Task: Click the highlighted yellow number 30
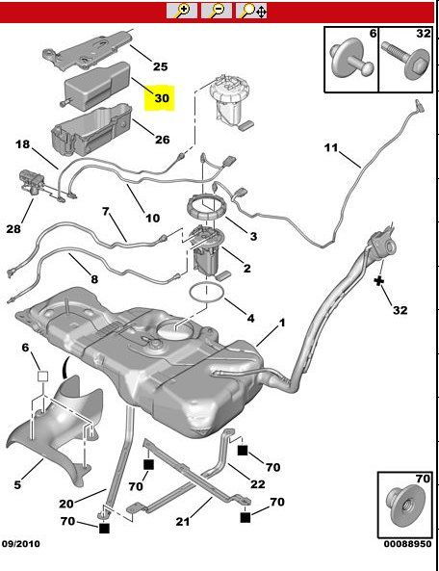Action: coord(162,98)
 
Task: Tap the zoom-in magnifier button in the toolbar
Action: coord(182,11)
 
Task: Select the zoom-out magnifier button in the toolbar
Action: coord(217,11)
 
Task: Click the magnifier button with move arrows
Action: coord(252,11)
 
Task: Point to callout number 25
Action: coord(160,66)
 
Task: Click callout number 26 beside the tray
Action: coord(163,139)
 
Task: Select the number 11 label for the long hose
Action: coord(331,147)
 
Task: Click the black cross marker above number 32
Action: coord(379,281)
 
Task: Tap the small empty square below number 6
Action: coord(43,376)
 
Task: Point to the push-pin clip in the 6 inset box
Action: coord(349,59)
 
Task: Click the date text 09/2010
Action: coord(21,544)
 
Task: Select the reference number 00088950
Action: coord(407,544)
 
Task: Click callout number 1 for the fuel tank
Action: coord(282,323)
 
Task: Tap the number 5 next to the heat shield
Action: coord(17,485)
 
